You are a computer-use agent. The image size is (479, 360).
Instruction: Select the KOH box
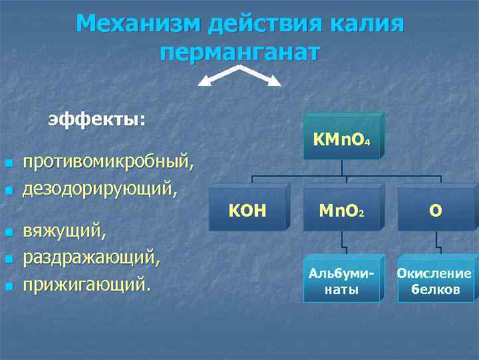[x=247, y=211]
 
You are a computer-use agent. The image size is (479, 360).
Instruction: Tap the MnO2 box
[x=341, y=211]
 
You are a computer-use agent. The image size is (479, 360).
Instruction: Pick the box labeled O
[x=436, y=211]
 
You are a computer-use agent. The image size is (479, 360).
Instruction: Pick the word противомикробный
[x=109, y=162]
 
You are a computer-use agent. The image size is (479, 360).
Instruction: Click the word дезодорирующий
[x=100, y=189]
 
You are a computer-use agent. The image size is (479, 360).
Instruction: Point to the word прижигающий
[x=86, y=285]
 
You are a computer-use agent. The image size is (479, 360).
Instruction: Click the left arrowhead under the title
[x=204, y=82]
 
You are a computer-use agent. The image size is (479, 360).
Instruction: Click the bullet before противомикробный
[x=8, y=163]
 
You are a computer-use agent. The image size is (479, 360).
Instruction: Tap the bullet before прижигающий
[x=8, y=287]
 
